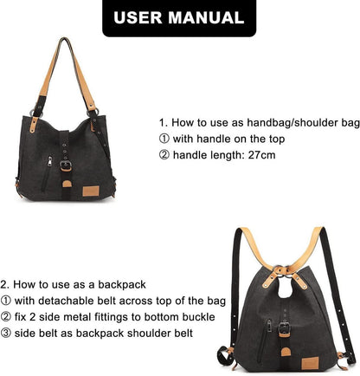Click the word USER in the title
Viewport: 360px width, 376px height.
(x=138, y=18)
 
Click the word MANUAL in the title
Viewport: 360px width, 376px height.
(x=206, y=18)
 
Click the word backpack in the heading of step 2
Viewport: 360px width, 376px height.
(x=122, y=285)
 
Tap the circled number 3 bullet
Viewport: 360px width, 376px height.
(x=6, y=334)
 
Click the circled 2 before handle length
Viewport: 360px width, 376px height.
(x=164, y=155)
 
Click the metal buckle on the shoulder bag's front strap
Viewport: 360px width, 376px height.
(x=66, y=165)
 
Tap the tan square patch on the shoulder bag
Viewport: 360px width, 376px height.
(x=91, y=191)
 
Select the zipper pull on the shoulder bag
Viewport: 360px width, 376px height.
(x=50, y=161)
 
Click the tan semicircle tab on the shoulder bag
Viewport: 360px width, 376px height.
(x=67, y=184)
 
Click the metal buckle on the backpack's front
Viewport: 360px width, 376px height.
(x=285, y=327)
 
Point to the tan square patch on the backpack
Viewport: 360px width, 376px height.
(x=310, y=363)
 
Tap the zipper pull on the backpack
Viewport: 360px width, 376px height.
(x=269, y=326)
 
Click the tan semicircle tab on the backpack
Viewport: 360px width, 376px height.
(x=286, y=352)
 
